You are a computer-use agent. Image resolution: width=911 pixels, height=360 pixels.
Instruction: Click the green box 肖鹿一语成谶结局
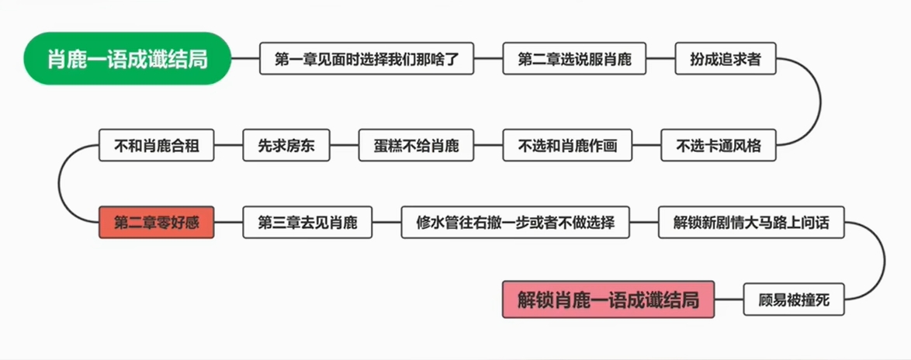point(127,58)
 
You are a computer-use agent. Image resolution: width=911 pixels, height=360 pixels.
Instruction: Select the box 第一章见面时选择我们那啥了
point(366,59)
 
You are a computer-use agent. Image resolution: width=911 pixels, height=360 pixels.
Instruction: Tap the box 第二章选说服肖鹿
point(574,59)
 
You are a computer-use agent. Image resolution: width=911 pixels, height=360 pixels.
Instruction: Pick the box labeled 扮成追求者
point(726,59)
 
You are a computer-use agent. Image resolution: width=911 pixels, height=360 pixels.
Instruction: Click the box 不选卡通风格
point(718,145)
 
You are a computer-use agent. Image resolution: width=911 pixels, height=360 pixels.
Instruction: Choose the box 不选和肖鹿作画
point(566,145)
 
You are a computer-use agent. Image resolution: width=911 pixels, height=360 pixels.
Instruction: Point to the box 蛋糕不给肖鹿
point(416,145)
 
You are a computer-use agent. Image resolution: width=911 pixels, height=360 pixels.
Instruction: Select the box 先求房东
point(286,145)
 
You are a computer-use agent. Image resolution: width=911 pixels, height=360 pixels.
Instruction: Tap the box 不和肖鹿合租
point(156,145)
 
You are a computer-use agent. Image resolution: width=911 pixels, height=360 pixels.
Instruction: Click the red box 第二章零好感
point(156,223)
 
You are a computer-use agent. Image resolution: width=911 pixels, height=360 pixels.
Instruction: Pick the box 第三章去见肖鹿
point(307,223)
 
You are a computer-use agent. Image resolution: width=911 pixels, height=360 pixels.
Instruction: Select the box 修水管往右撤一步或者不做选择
point(515,223)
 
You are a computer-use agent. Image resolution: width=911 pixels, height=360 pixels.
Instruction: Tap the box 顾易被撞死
point(795,299)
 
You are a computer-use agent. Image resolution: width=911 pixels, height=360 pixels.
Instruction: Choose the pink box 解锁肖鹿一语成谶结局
point(608,299)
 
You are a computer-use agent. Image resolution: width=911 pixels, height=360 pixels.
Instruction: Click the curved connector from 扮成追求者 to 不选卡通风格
point(820,102)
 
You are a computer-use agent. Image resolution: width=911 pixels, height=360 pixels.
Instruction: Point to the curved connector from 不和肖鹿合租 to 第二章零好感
point(60,184)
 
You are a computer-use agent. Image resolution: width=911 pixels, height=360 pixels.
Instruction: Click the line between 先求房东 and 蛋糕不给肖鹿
point(345,145)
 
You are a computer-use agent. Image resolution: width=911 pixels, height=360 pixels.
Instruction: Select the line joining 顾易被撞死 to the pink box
point(729,299)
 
